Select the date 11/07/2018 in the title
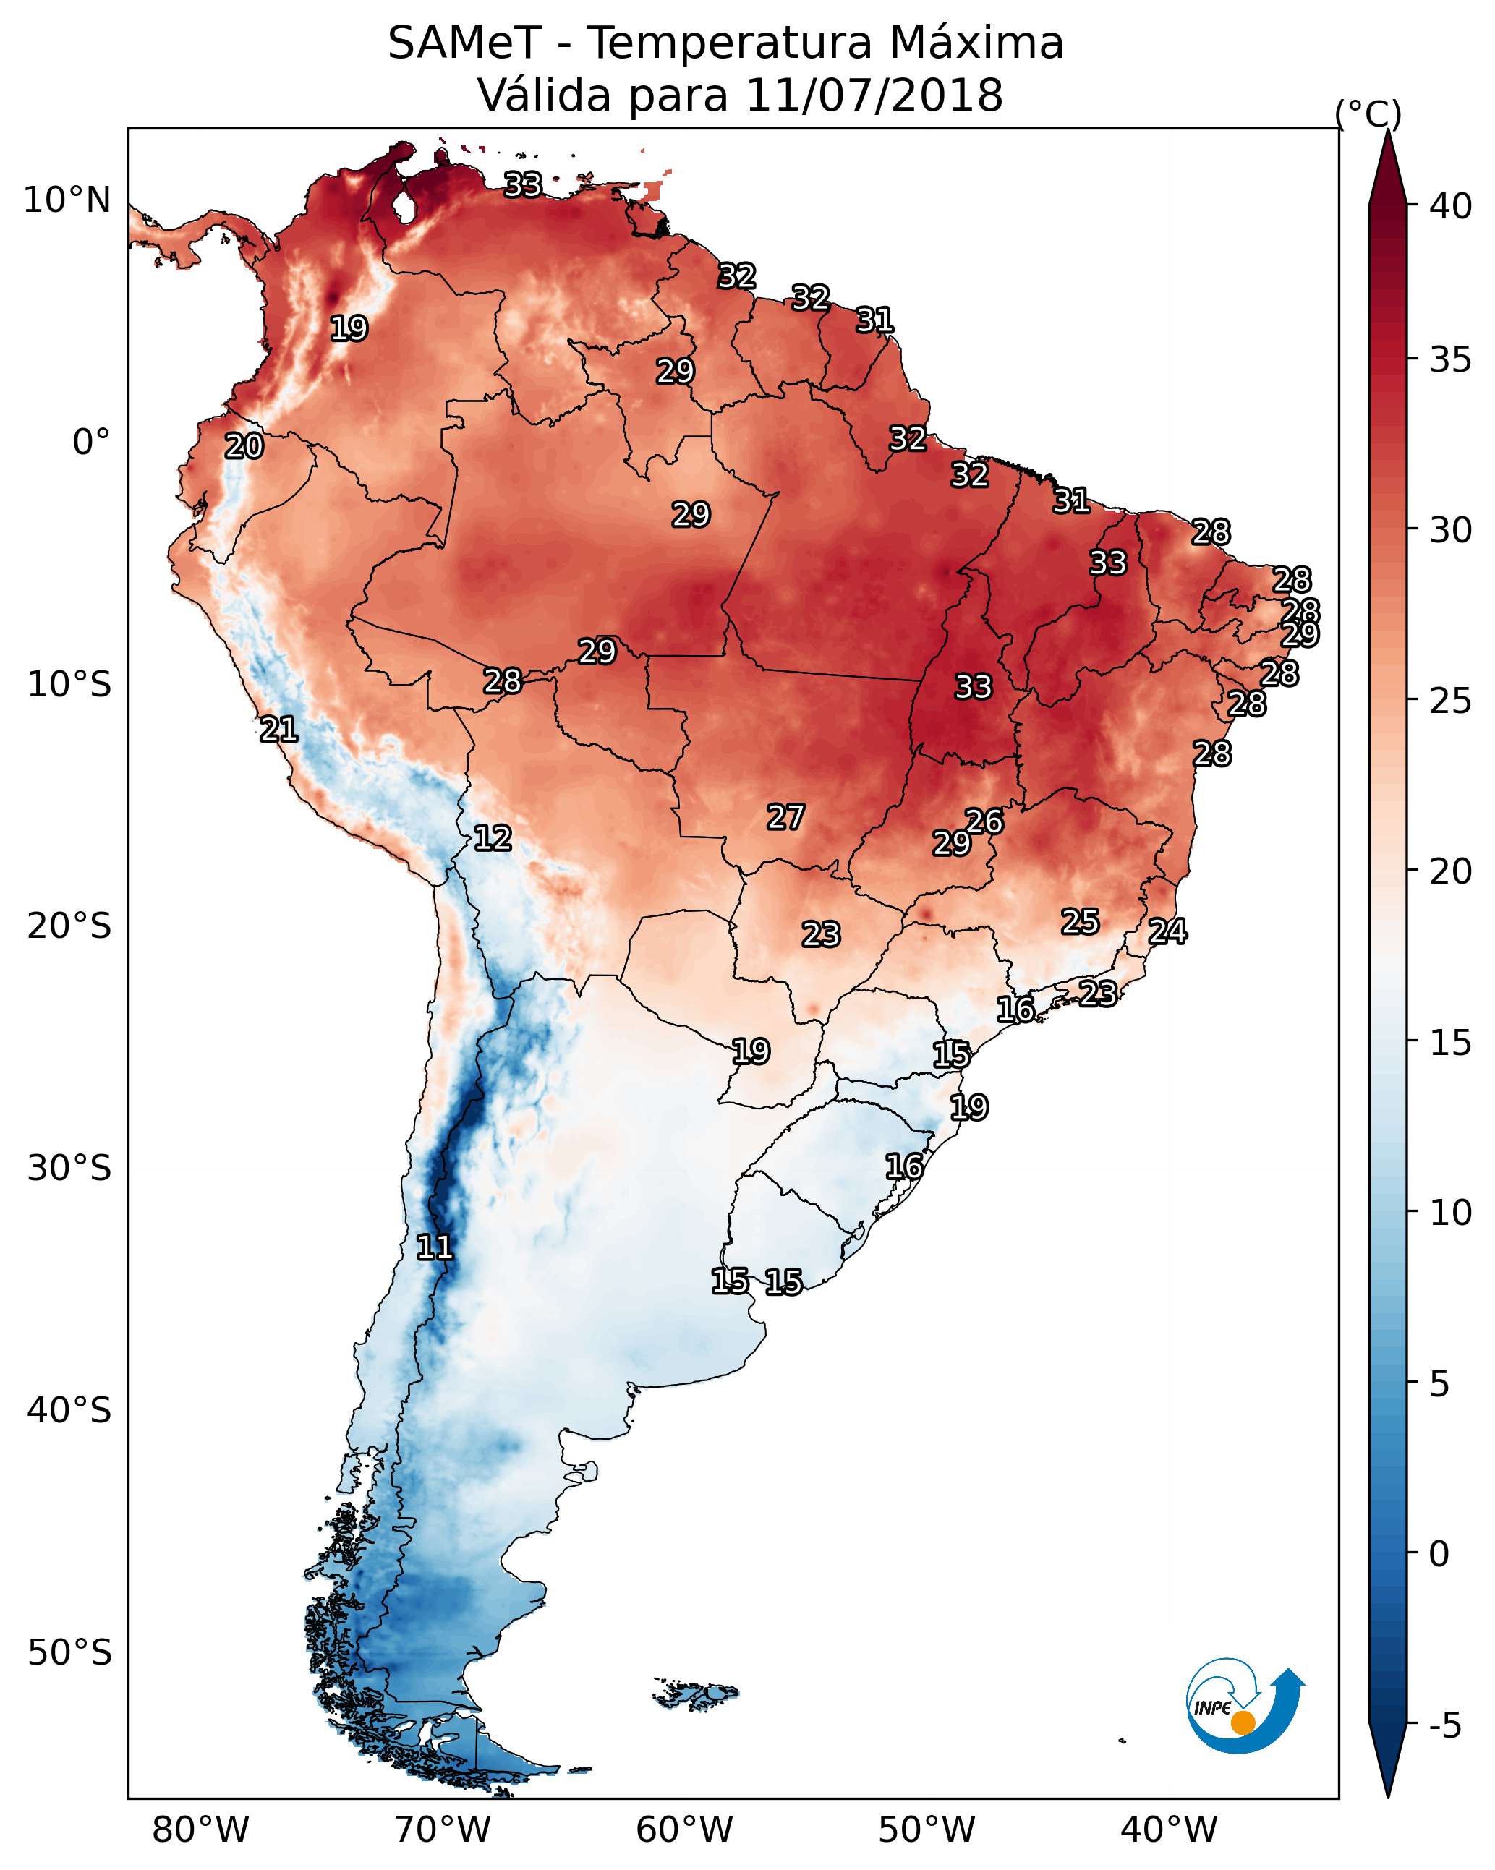coord(874,95)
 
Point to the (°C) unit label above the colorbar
coord(1368,114)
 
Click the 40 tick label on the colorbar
coord(1451,206)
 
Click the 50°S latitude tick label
coord(69,1652)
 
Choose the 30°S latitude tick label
coord(69,1169)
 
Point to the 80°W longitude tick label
coord(200,1830)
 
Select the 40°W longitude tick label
coord(1169,1830)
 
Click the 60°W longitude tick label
coord(685,1830)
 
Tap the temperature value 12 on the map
coord(493,838)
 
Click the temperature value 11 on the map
coord(435,1247)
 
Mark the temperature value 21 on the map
coord(278,730)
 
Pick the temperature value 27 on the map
coord(786,817)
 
